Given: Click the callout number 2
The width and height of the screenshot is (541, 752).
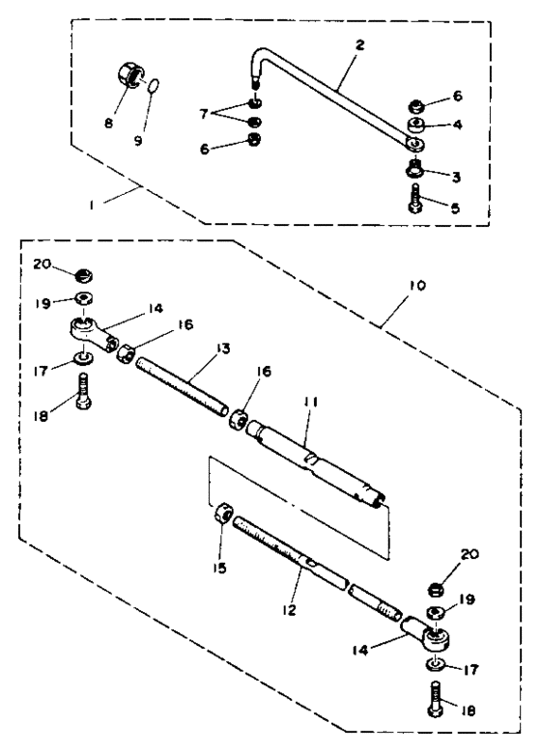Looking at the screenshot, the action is click(359, 44).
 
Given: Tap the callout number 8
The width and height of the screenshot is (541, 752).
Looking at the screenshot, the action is click(109, 124).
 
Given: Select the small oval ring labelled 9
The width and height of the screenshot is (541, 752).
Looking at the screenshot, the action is click(153, 85).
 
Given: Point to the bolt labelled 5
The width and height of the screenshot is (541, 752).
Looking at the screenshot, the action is click(415, 200).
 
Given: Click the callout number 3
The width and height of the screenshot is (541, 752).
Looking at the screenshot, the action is click(456, 177).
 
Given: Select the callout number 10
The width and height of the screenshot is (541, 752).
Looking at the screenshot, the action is click(417, 286).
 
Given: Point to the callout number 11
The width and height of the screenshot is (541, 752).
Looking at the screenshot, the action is click(310, 401).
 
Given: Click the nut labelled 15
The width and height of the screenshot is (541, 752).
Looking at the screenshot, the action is click(223, 515).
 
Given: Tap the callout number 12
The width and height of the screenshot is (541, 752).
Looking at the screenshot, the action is click(289, 609).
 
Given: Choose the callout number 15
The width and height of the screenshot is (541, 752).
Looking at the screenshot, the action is click(221, 568).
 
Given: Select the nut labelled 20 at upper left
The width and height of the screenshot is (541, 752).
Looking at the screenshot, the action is click(84, 276).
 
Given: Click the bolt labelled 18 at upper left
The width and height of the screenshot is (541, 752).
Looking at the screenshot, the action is click(83, 391).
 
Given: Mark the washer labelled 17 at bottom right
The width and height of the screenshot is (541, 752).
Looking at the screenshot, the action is click(434, 664).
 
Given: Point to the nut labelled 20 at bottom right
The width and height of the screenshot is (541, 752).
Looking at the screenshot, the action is click(436, 589).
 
